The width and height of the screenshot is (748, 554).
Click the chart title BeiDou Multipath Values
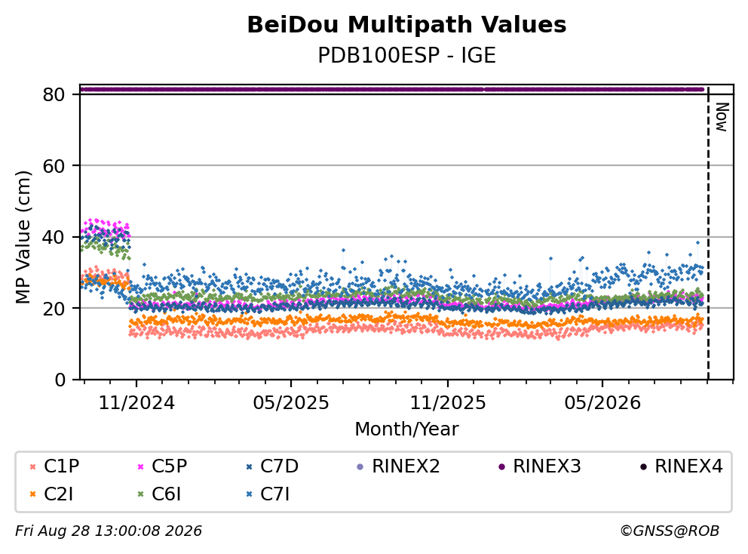[x=406, y=25]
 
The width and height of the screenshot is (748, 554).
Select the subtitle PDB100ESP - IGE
[x=406, y=55]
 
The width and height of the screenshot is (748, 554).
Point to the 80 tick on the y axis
[x=54, y=94]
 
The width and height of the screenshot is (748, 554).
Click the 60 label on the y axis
[x=54, y=166]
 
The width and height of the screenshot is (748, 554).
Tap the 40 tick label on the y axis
[x=54, y=237]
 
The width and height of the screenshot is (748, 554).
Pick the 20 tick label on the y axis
[x=54, y=309]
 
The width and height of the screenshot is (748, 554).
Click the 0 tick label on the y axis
[x=60, y=380]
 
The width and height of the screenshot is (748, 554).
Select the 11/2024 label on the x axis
[x=136, y=403]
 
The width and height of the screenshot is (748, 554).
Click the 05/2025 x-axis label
[x=291, y=403]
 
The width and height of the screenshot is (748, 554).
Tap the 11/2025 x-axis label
[x=448, y=403]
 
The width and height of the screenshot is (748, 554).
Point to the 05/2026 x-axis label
[x=602, y=403]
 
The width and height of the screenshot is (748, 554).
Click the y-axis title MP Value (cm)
[x=23, y=237]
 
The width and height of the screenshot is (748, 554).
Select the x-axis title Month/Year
[x=406, y=429]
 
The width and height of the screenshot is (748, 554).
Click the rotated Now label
[x=722, y=117]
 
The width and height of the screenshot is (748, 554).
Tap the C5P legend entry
[x=162, y=466]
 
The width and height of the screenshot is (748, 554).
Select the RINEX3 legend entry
[x=540, y=466]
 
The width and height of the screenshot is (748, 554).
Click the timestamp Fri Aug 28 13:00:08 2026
[x=109, y=531]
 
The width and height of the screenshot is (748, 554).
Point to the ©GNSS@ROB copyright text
[x=670, y=531]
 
